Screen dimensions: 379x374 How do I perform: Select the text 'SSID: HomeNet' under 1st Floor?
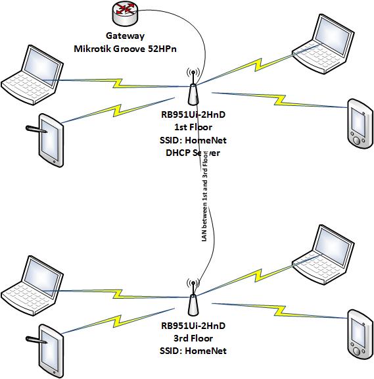tap(193, 139)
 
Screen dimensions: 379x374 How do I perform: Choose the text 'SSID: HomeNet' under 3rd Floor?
tap(193, 351)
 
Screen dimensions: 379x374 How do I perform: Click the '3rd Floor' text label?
tap(193, 338)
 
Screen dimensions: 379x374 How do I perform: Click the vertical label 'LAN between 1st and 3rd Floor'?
tap(204, 197)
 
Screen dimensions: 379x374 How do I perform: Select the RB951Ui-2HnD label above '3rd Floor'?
tap(193, 326)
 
